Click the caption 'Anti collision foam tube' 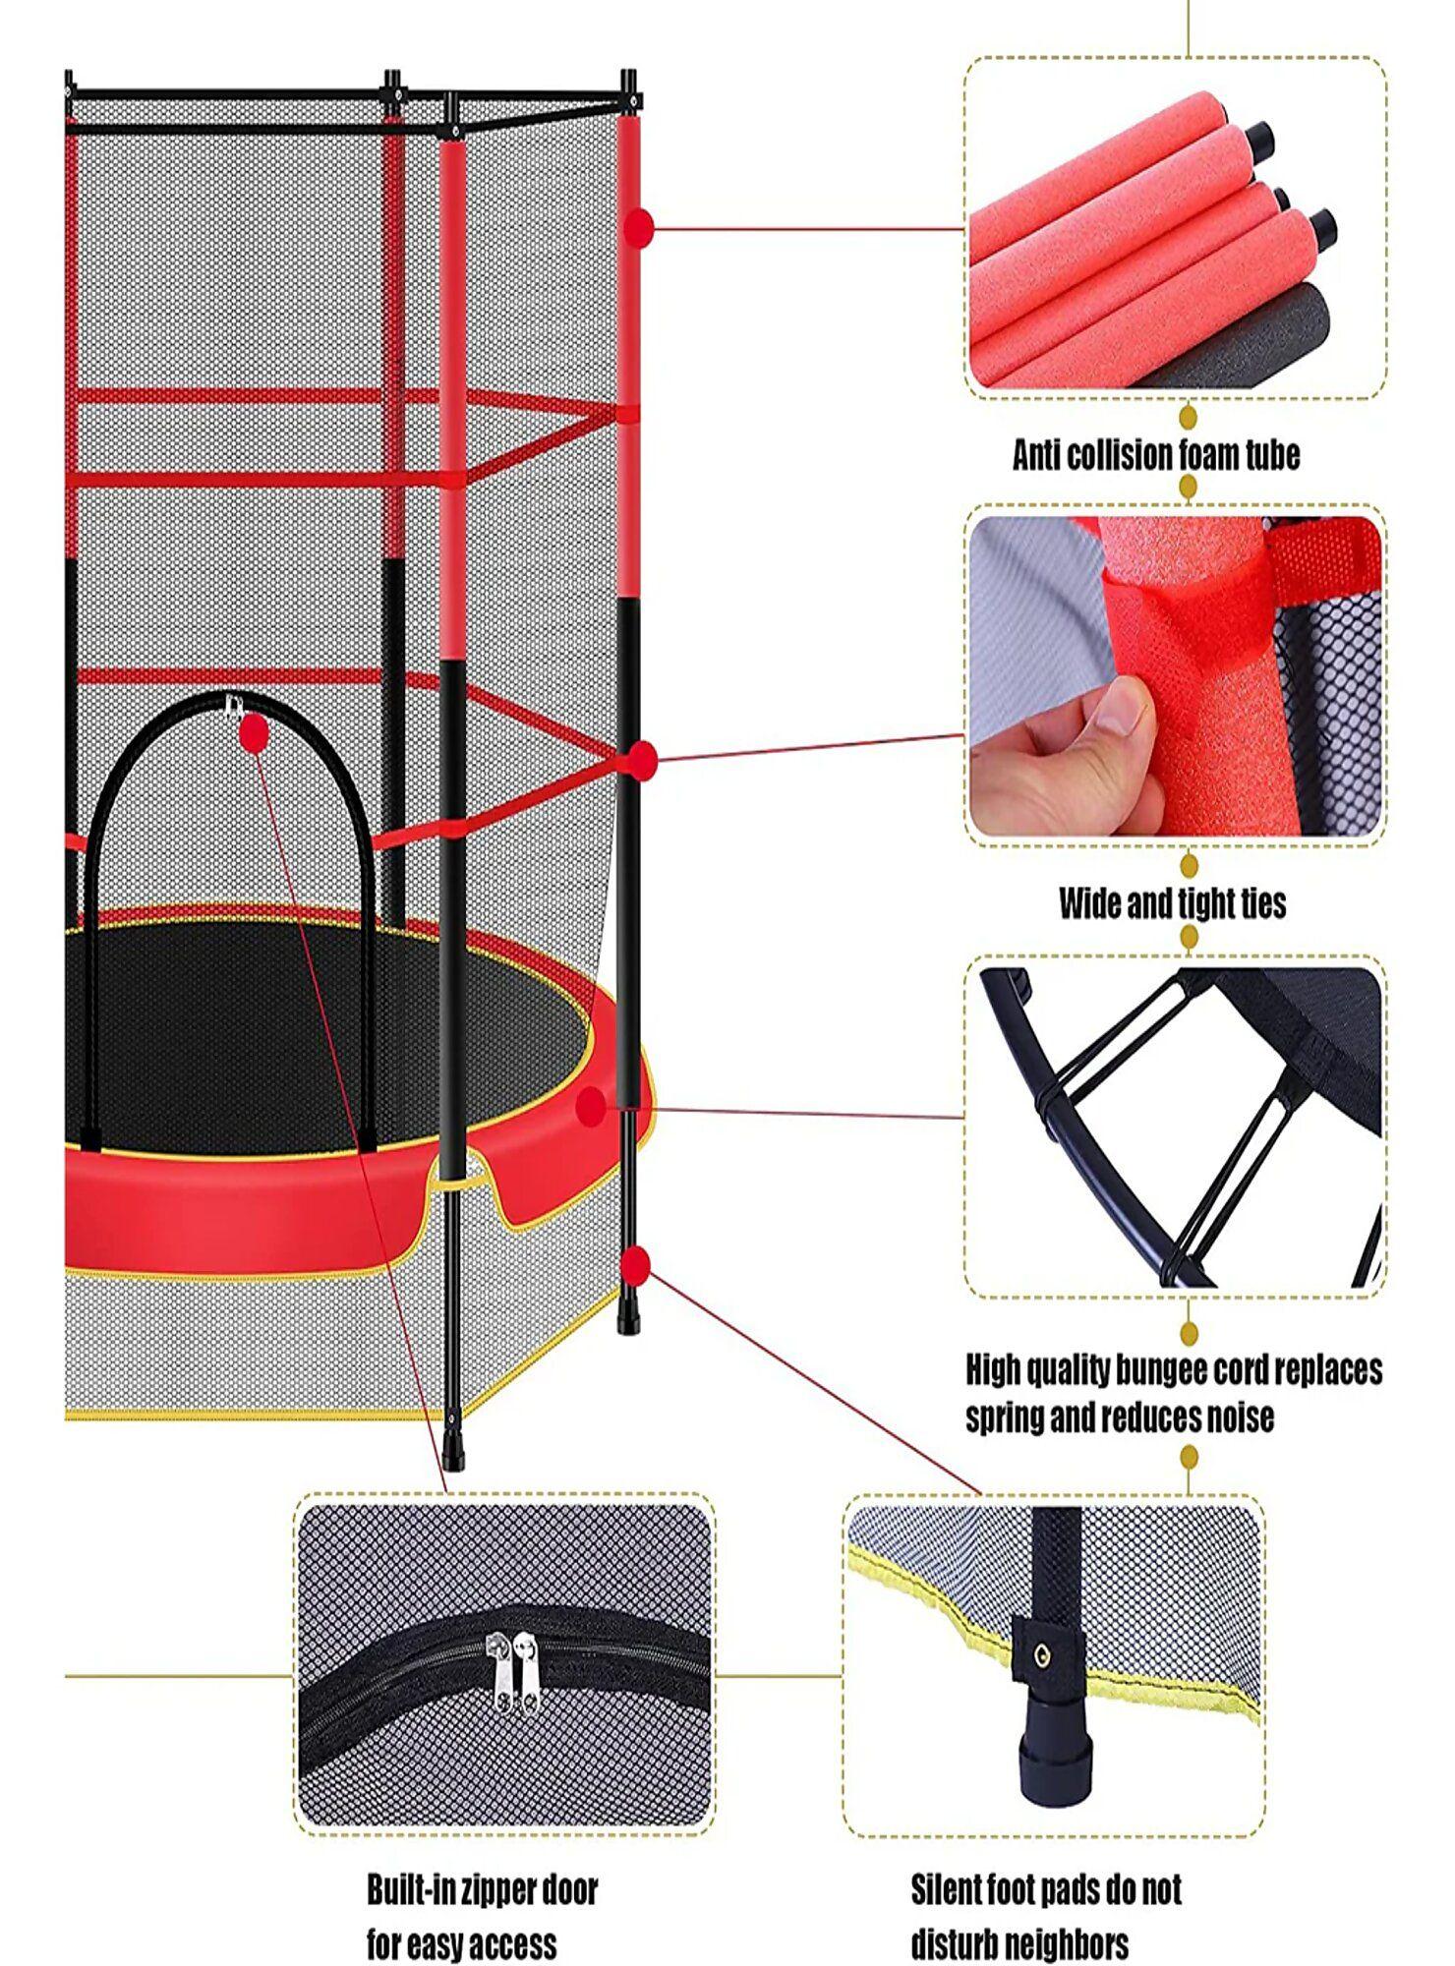pos(1156,455)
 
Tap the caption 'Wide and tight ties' pos(1172,902)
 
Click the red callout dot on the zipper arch pos(254,732)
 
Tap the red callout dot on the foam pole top pos(639,226)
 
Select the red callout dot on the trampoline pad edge pos(591,1107)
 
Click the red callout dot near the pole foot pos(637,1265)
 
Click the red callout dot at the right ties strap pos(643,759)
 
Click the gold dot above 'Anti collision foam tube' pos(1188,418)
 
